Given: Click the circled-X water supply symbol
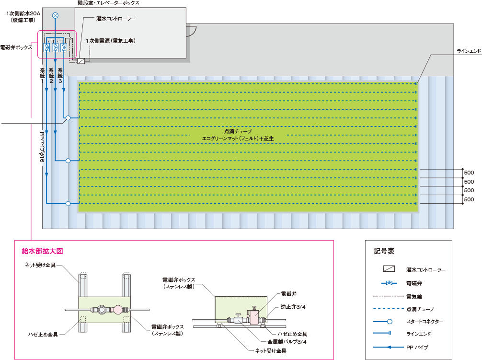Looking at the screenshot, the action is point(55,15).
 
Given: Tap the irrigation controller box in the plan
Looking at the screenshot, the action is point(81,60).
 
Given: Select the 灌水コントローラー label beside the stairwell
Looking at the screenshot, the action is point(115,19).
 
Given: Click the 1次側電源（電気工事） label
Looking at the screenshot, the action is point(111,41).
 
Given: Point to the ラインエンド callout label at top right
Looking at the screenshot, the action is point(469,51).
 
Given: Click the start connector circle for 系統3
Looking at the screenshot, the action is point(68,118).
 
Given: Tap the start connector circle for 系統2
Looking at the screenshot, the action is point(68,161).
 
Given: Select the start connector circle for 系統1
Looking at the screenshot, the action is point(68,203).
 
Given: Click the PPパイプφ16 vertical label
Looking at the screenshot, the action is point(43,147).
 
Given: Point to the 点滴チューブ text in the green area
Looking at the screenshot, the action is point(238,131).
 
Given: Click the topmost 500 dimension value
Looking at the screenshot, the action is point(469,173).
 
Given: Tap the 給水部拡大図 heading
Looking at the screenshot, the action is point(43,251).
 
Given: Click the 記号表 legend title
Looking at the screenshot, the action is point(384,251).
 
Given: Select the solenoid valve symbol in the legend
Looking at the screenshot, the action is point(389,283).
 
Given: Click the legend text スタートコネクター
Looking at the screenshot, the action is point(425,322).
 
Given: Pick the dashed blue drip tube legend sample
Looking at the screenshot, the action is point(388,308).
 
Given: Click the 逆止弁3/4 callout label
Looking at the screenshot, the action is point(293,307).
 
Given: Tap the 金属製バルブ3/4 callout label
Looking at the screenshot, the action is point(287,342).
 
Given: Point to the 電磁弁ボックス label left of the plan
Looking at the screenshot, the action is point(16,47).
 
